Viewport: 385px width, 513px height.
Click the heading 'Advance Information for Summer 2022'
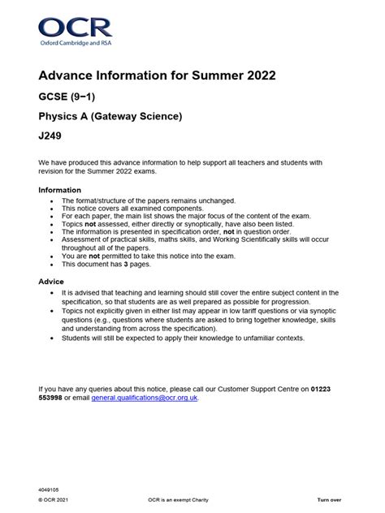pyautogui.click(x=157, y=76)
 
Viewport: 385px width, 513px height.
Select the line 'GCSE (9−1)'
pyautogui.click(x=70, y=98)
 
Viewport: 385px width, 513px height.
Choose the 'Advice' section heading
pyautogui.click(x=51, y=281)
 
